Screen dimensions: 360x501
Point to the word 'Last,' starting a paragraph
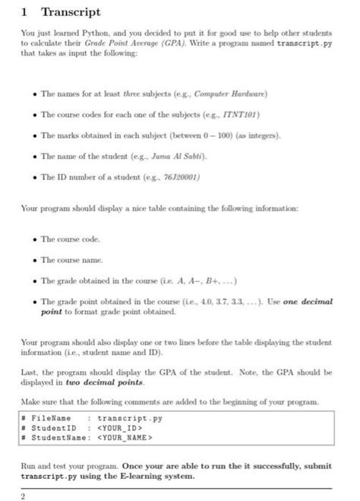[x=30, y=373]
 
